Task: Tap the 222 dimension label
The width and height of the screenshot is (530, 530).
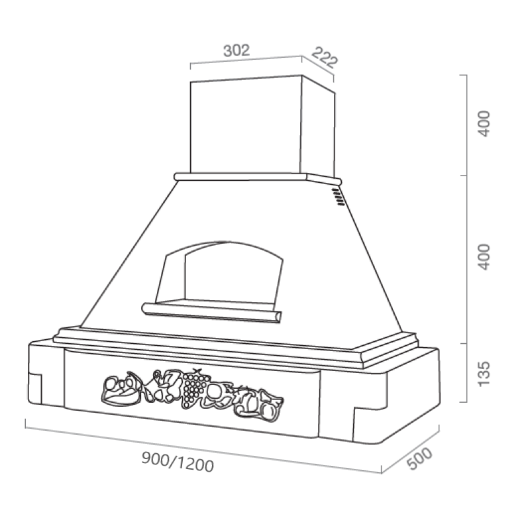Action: (x=325, y=58)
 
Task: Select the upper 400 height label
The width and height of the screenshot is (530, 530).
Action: (x=484, y=125)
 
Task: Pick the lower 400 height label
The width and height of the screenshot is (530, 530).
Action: (x=484, y=257)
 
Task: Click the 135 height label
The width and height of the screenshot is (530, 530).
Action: (x=484, y=374)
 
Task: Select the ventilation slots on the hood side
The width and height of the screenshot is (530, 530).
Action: (x=337, y=195)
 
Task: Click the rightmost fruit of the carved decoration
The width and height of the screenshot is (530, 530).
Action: (x=270, y=405)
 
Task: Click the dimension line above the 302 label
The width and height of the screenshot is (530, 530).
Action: (x=245, y=60)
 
